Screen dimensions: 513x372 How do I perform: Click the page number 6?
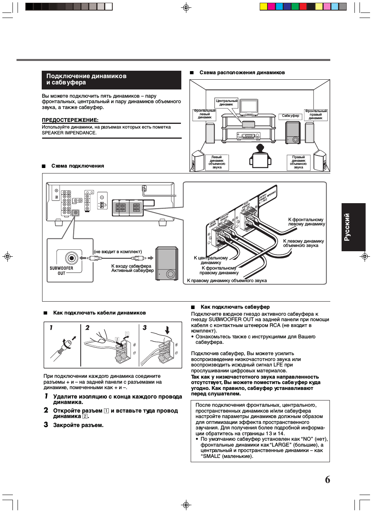[328, 479]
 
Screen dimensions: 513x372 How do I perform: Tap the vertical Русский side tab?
[353, 227]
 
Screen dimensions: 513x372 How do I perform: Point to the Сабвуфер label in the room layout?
[291, 116]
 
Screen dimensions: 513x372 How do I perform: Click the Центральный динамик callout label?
[227, 103]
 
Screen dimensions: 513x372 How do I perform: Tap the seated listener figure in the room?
[260, 157]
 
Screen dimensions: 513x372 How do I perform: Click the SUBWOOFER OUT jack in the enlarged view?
[71, 258]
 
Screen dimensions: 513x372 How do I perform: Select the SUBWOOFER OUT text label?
[61, 271]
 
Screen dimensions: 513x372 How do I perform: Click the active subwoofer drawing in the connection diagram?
[167, 263]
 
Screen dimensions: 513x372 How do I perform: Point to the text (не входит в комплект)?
[118, 252]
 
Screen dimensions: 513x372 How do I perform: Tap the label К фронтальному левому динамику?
[306, 222]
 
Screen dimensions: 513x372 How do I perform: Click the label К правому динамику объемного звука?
[227, 281]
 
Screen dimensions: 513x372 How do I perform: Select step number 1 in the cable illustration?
[51, 328]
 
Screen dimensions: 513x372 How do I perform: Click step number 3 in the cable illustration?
[145, 328]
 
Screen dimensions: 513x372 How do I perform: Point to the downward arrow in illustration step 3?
[167, 330]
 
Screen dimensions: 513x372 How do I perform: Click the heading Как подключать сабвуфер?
[235, 307]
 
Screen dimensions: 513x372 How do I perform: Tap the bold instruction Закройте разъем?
[78, 425]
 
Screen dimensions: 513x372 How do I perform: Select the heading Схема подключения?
[78, 166]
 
